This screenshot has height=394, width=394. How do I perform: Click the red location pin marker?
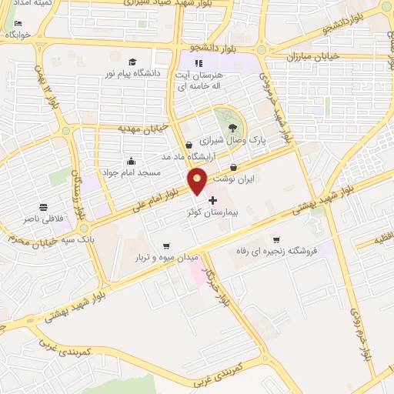click(x=198, y=182)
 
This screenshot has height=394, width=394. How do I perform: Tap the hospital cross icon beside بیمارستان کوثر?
click(x=213, y=200)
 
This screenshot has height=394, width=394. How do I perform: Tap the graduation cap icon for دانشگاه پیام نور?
click(x=132, y=62)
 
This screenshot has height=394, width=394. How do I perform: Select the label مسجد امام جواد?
click(x=132, y=172)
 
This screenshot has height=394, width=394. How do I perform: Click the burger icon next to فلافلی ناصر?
click(x=45, y=207)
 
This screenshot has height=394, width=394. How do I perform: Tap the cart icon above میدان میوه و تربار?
click(x=166, y=245)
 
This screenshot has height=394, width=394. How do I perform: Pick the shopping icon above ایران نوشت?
click(x=232, y=168)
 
